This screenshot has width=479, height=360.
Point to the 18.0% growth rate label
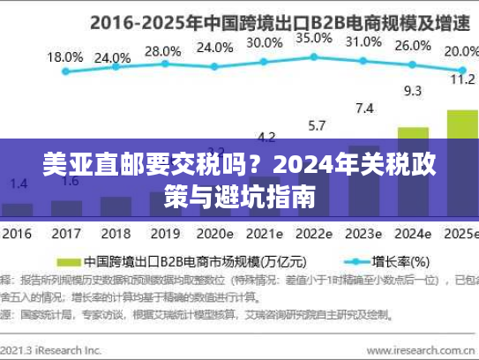click(x=64, y=57)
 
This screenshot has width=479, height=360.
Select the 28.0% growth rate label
click(x=162, y=50)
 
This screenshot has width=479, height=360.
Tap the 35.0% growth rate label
click(x=314, y=38)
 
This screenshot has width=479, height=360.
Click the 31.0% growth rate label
click(x=363, y=41)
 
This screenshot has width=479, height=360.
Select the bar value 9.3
click(x=412, y=90)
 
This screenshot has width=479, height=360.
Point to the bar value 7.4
click(x=363, y=108)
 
